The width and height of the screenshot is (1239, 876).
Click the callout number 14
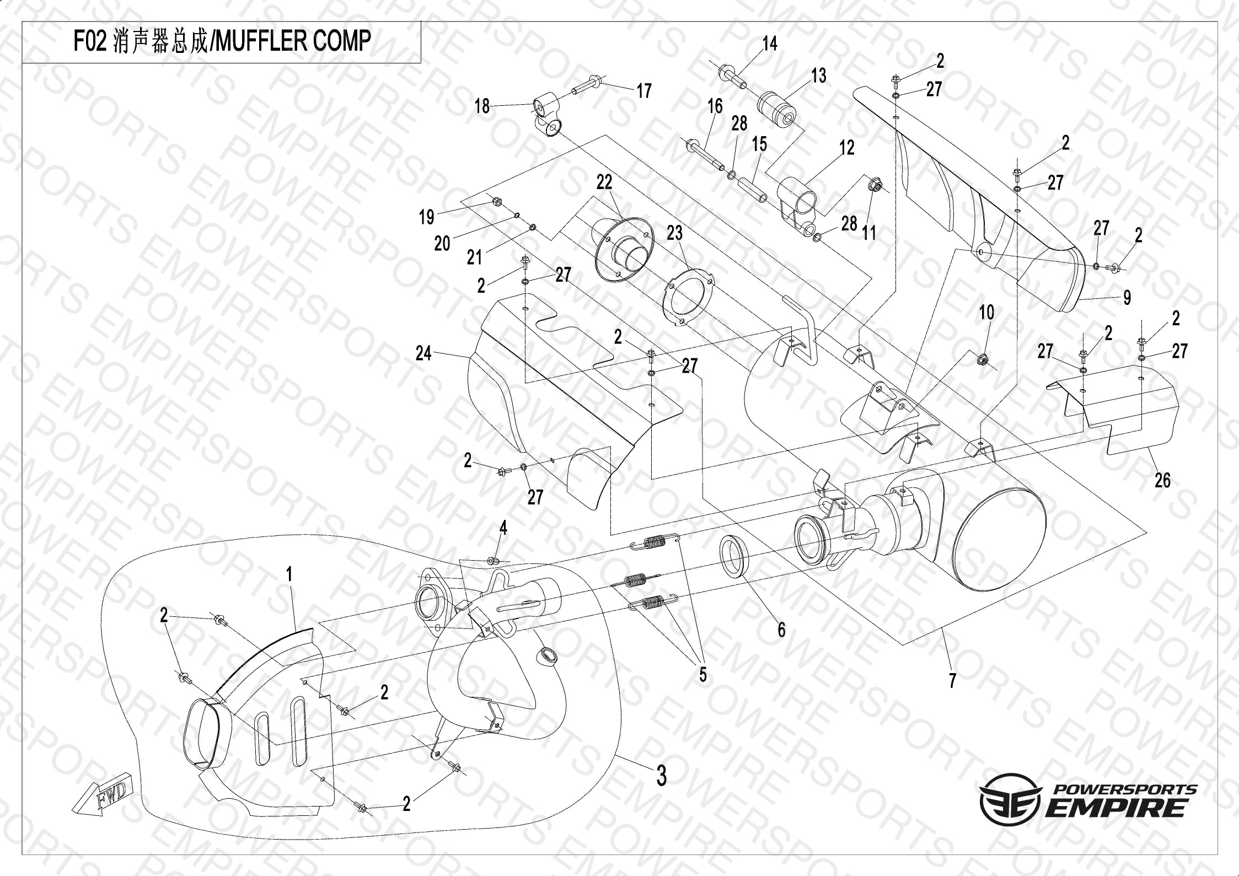click(x=770, y=44)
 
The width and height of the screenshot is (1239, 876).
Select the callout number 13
click(x=819, y=76)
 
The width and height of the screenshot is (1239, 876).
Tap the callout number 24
click(x=423, y=353)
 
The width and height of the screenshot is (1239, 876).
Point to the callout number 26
click(x=1163, y=480)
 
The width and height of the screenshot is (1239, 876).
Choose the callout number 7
click(x=952, y=681)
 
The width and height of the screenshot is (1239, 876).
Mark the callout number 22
click(x=604, y=182)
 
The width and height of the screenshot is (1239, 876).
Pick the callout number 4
click(x=503, y=528)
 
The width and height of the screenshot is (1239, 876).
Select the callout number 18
click(x=482, y=106)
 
